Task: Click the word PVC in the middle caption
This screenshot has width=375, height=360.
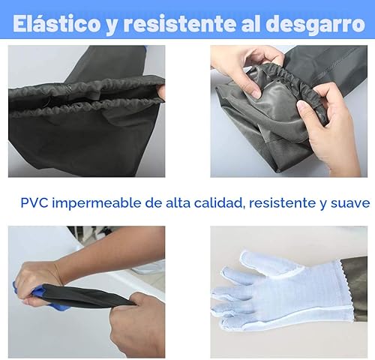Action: click(34, 202)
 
